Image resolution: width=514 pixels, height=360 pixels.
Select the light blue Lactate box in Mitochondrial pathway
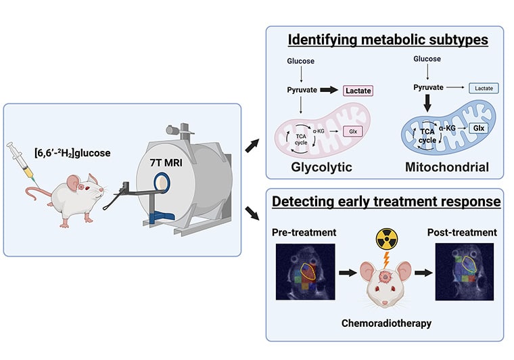483,88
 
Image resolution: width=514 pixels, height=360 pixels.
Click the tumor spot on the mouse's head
385,275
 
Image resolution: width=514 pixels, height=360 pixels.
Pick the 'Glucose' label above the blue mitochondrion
427,59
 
